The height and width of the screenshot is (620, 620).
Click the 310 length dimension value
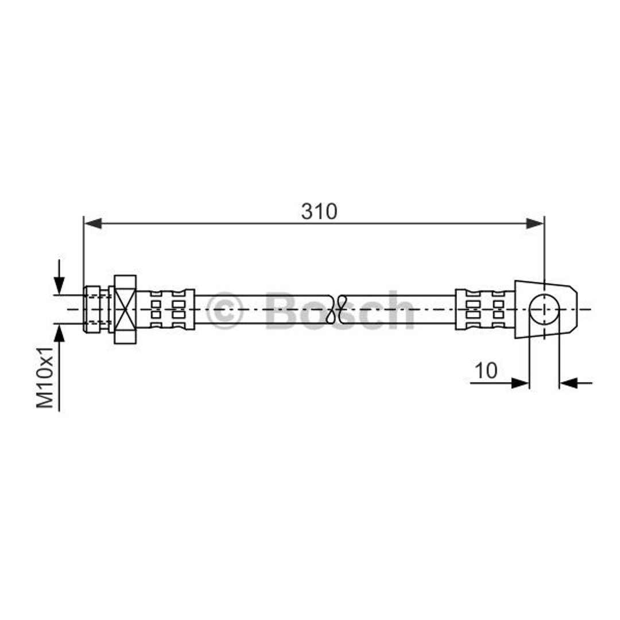[319, 211]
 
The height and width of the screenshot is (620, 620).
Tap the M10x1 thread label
[45, 377]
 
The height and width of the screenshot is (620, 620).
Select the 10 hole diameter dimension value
[486, 370]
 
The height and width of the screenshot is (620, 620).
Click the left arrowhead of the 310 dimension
[94, 223]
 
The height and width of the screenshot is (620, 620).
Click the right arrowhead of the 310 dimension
[534, 223]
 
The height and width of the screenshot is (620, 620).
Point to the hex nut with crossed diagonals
[125, 309]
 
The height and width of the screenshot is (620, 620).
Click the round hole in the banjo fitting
[544, 309]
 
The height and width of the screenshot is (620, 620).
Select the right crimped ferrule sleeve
[485, 309]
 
